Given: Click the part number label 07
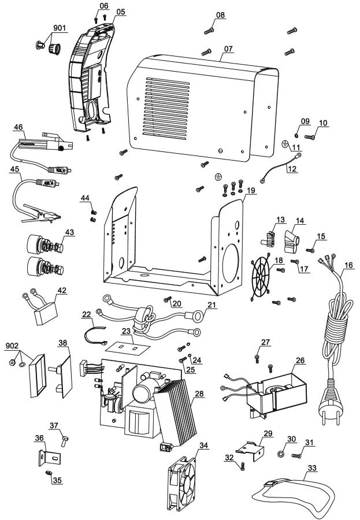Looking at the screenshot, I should (229, 49).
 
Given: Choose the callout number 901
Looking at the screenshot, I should (60, 28).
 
